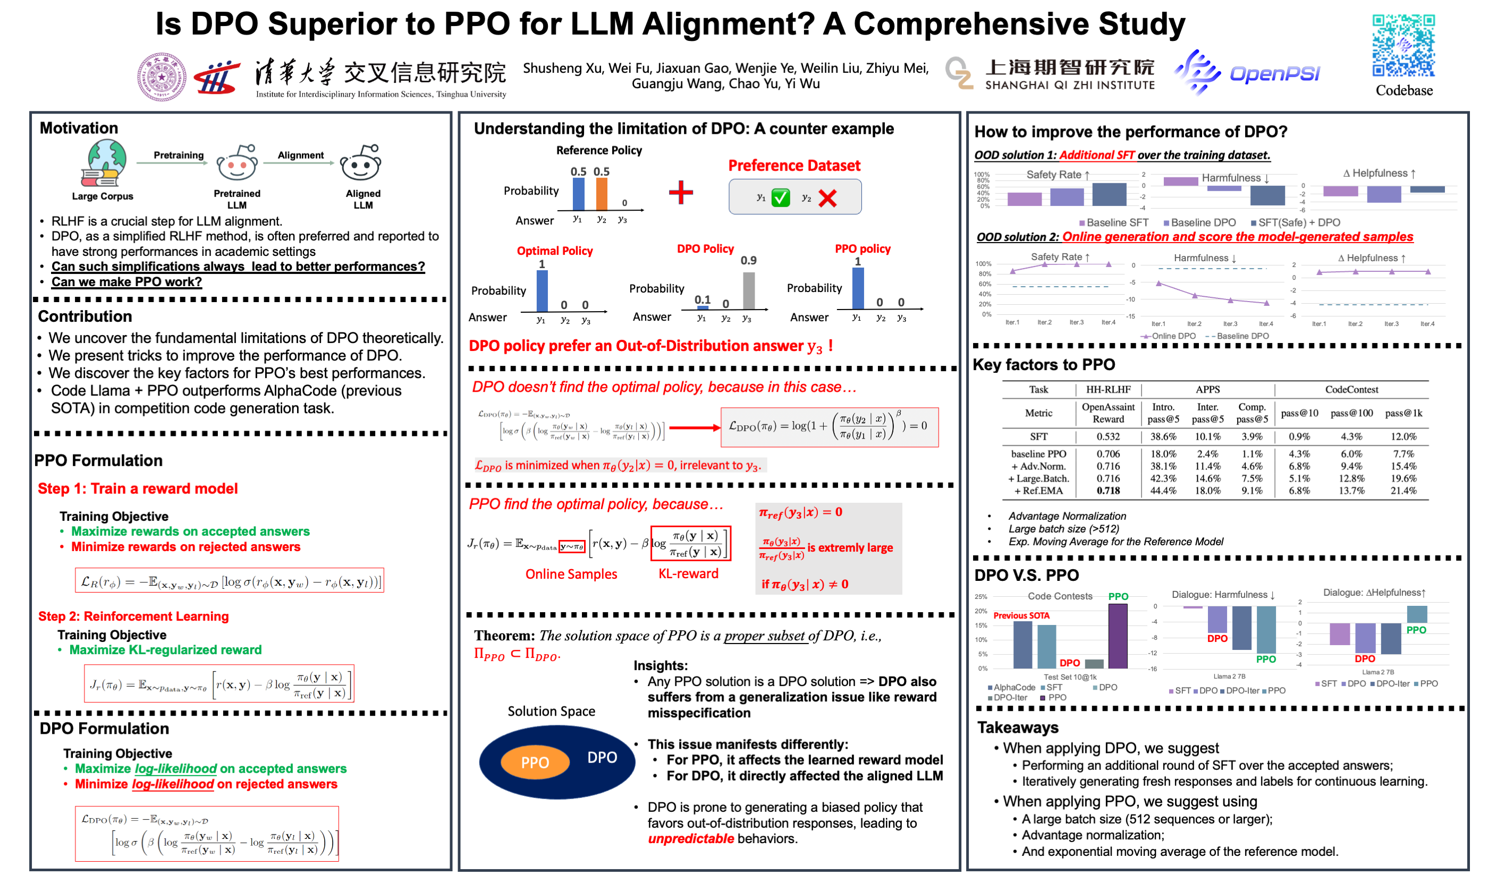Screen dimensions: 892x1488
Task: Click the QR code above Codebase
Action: tap(1402, 46)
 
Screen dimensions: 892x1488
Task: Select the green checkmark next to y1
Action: tap(780, 198)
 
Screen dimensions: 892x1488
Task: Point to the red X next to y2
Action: tap(827, 198)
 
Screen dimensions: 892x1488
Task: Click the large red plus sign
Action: tap(680, 192)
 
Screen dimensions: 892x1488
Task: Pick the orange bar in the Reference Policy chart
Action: tap(601, 194)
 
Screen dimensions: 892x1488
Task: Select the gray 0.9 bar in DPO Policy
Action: tap(748, 290)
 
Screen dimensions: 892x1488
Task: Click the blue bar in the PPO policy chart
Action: tap(858, 288)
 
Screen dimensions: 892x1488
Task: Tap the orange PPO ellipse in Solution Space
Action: tap(535, 762)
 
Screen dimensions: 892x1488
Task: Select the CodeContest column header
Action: tap(1351, 390)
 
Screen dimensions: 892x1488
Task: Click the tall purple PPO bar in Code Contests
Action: tap(1118, 636)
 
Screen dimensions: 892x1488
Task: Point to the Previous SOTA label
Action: tap(1021, 615)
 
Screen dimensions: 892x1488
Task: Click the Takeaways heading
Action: tap(1018, 727)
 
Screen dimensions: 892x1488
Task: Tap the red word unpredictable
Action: tap(690, 838)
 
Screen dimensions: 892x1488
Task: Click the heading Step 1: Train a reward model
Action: tap(138, 488)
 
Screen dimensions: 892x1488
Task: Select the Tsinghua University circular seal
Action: tap(161, 77)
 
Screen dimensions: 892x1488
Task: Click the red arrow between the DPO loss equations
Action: tap(694, 427)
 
